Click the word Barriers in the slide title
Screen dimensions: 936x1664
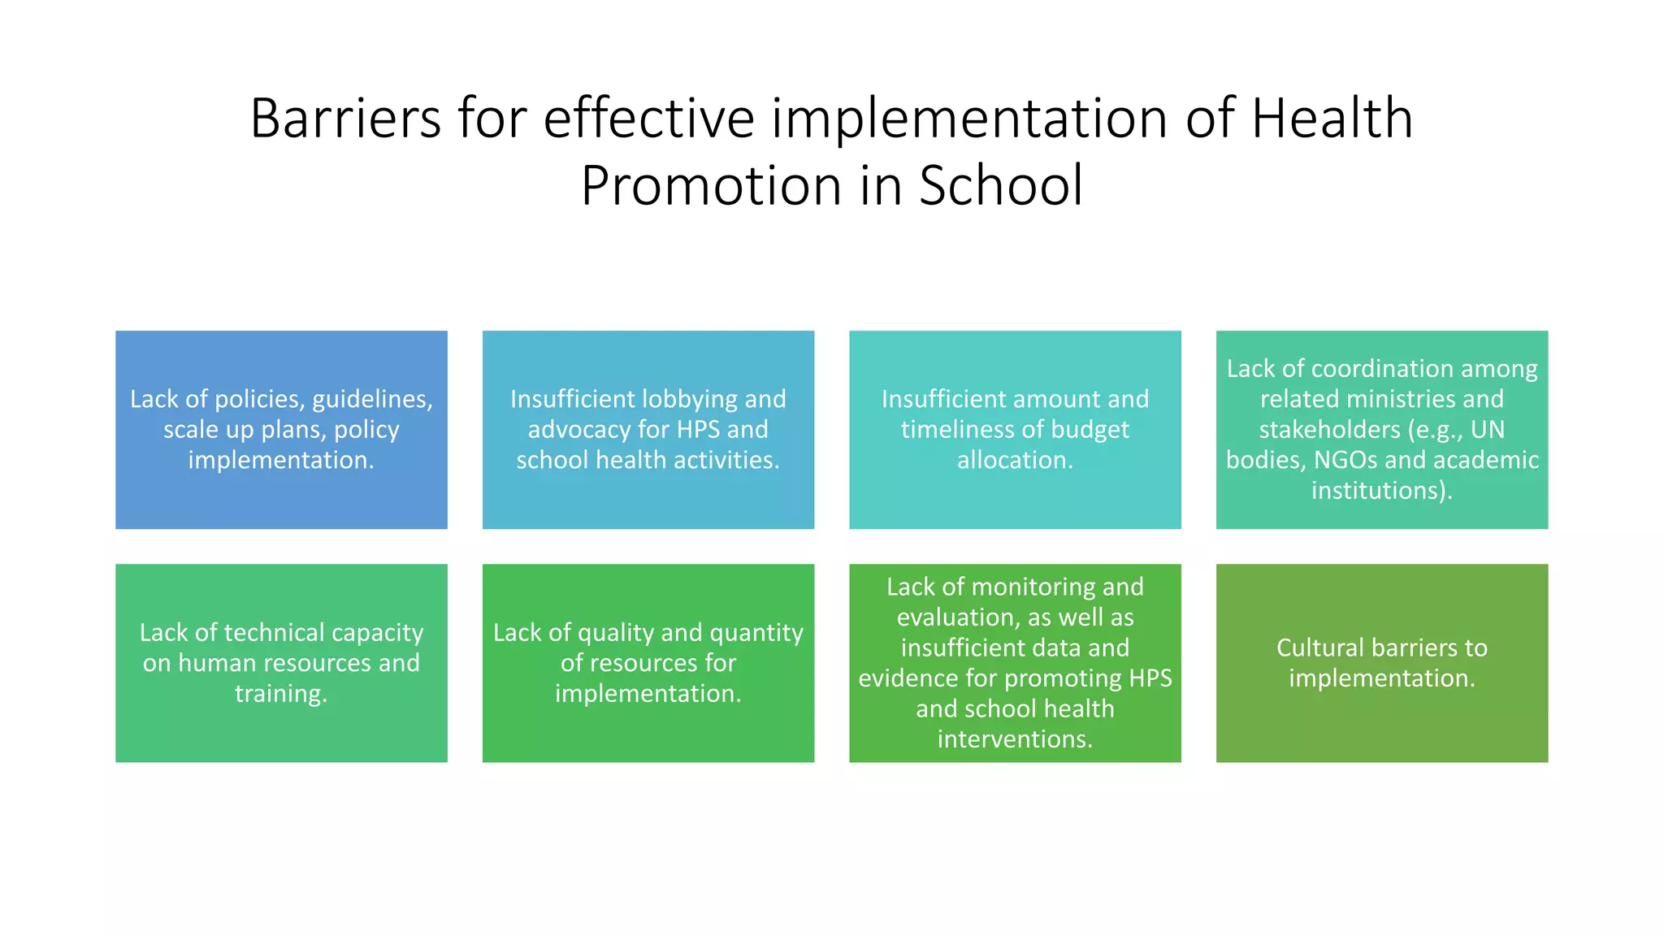click(x=345, y=119)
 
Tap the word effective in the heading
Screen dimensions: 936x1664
click(x=648, y=119)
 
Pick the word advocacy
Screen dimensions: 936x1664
click(x=580, y=430)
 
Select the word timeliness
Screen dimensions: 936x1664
click(x=959, y=430)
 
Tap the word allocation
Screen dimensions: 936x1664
click(x=1014, y=461)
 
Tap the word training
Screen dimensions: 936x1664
click(x=280, y=694)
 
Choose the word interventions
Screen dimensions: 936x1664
click(x=1015, y=739)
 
